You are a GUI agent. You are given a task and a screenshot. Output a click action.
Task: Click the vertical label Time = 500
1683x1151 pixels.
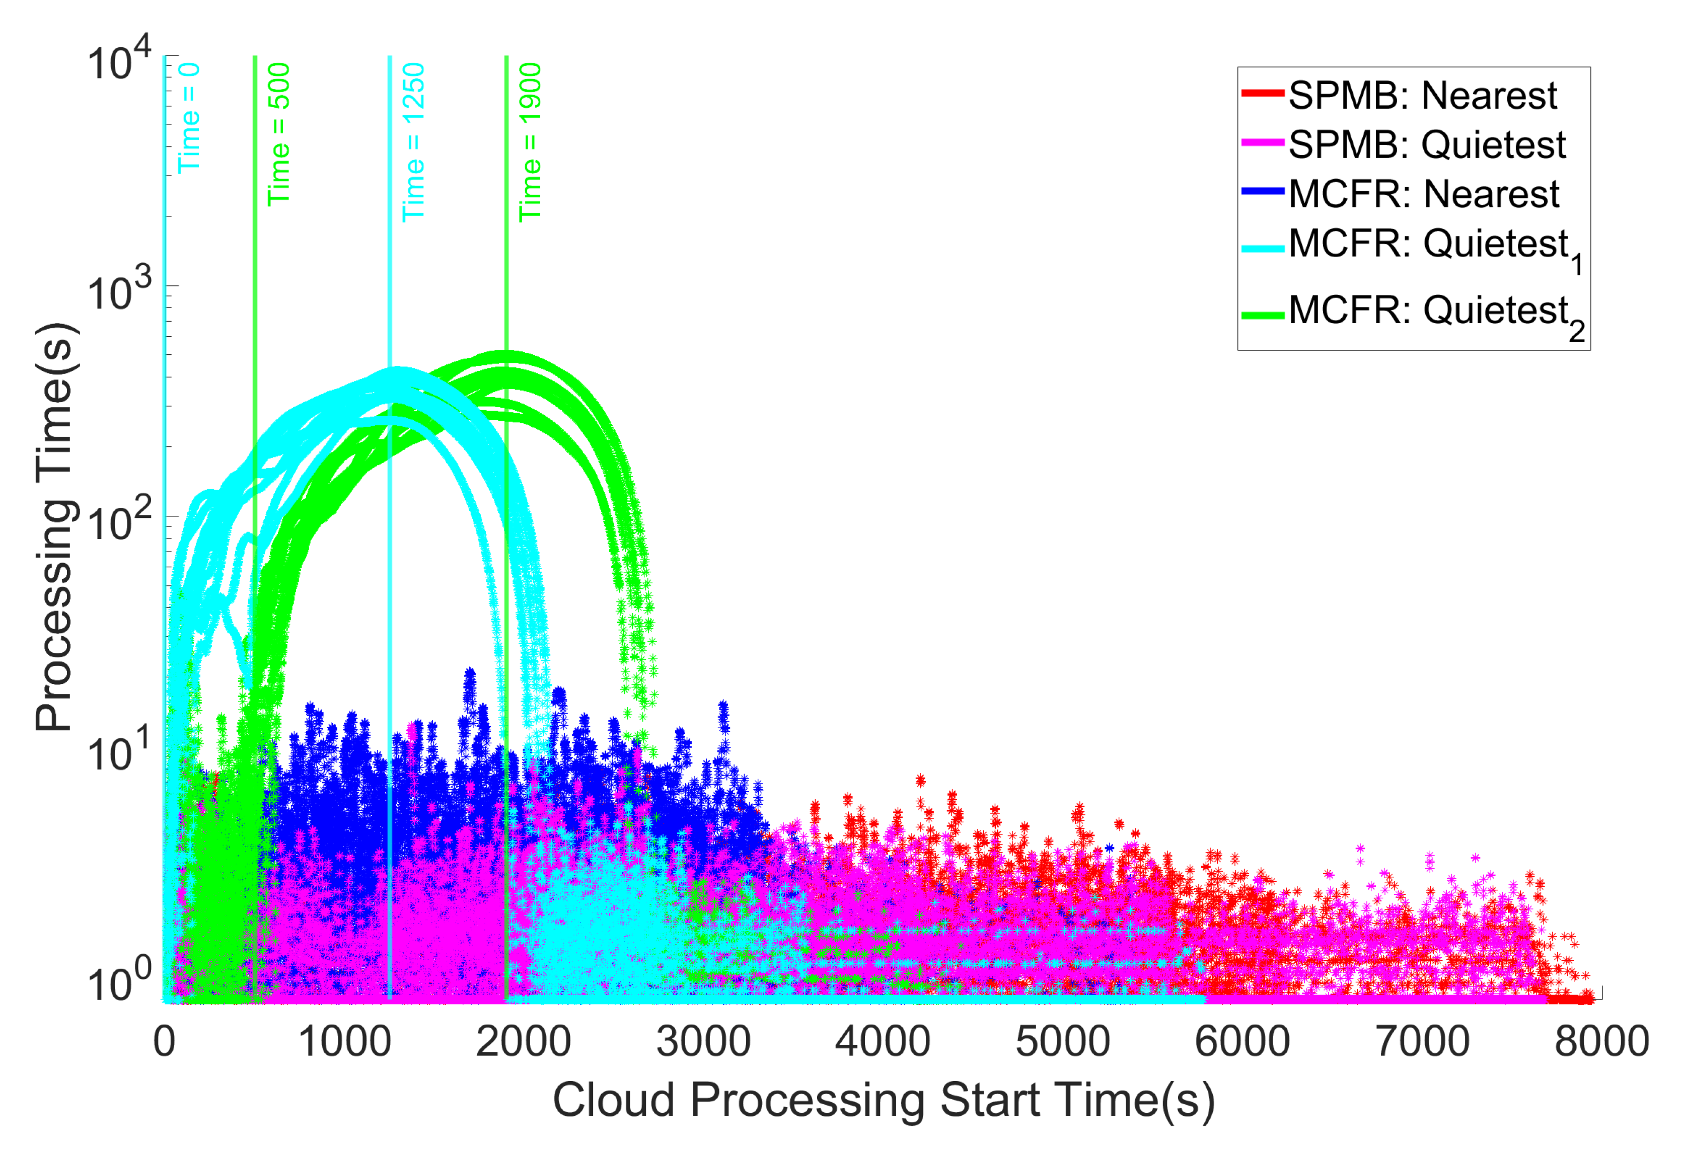[x=279, y=134]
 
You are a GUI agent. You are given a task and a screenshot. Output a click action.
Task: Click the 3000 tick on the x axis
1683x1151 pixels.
[x=703, y=1042]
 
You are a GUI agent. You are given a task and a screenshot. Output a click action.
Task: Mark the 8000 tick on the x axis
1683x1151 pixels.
[x=1601, y=1042]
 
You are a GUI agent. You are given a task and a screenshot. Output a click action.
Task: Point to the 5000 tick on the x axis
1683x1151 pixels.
[x=1062, y=1042]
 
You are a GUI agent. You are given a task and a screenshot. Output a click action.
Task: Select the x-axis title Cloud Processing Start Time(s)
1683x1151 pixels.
[x=884, y=1100]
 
